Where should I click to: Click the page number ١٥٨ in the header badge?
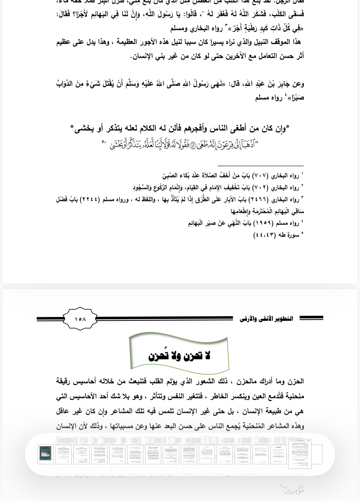(x=80, y=319)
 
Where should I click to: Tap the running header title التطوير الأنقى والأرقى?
(x=266, y=319)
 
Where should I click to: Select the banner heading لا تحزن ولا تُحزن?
(x=179, y=355)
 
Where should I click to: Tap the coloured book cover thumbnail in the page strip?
(x=45, y=454)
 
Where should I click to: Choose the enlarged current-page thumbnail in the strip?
(x=300, y=454)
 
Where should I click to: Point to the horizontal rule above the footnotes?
(x=260, y=166)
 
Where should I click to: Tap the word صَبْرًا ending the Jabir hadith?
(x=295, y=98)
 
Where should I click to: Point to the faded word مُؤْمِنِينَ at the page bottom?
(x=294, y=490)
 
